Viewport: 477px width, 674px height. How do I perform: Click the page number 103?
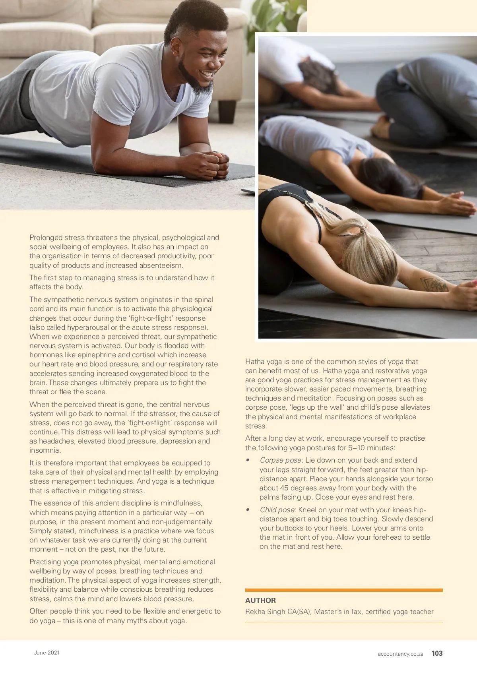437,653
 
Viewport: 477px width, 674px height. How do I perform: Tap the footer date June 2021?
47,653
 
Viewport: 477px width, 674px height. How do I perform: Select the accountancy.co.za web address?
400,654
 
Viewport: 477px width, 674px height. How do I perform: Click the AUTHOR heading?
260,600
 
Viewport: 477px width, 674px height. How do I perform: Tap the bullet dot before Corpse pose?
248,460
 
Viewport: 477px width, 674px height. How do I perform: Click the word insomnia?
45,450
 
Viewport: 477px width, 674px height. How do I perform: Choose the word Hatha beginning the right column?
255,362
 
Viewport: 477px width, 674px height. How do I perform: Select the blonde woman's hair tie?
363,229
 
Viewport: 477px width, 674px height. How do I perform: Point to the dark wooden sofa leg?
227,111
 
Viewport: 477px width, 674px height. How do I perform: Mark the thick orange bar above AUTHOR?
344,590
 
